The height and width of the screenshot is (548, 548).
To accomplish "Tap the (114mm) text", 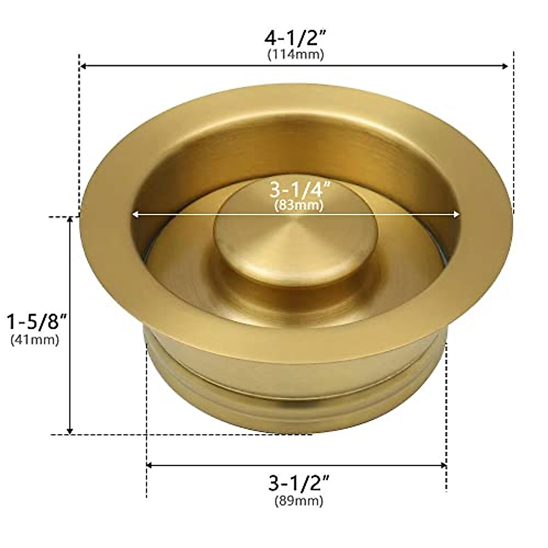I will click(x=295, y=55).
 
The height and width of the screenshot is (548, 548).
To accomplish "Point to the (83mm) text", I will click(x=299, y=205).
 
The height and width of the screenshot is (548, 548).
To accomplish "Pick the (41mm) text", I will click(x=35, y=340).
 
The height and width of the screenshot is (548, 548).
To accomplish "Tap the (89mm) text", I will click(x=299, y=501).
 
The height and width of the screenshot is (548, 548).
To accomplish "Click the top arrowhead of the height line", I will click(x=70, y=220).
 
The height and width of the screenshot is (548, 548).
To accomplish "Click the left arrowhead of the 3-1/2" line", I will click(x=149, y=465).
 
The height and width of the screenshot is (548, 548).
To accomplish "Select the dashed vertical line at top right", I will click(x=514, y=132).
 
